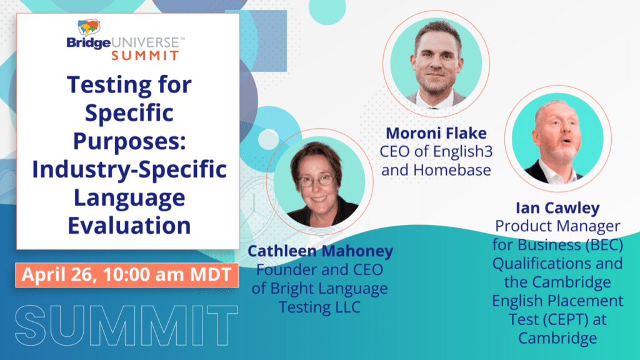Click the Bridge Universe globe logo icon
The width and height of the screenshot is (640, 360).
click(x=89, y=27)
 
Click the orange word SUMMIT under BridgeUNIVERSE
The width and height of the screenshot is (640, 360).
click(x=145, y=56)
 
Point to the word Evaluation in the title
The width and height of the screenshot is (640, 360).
click(x=129, y=225)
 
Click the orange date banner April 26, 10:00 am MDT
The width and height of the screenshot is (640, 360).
click(x=127, y=275)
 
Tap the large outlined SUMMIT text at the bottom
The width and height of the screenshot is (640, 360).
click(x=127, y=325)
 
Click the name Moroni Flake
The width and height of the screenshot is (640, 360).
click(x=436, y=133)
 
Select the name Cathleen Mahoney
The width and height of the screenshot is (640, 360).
click(x=321, y=251)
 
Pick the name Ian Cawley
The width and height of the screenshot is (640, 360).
click(x=557, y=207)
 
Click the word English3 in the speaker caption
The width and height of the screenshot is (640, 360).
click(x=463, y=151)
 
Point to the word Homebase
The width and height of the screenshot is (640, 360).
click(x=452, y=170)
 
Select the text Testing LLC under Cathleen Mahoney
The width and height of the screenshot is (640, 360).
click(x=320, y=307)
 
